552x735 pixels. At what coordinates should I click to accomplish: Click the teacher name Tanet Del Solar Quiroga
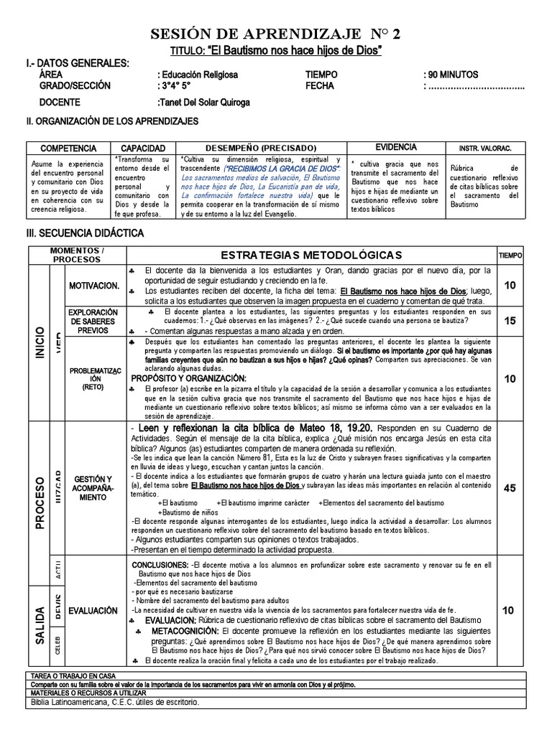coord(204,103)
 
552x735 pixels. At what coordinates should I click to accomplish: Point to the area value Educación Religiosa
coord(199,75)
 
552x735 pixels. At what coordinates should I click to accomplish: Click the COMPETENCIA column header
coord(68,147)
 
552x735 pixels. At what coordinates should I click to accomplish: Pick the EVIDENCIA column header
coord(395,146)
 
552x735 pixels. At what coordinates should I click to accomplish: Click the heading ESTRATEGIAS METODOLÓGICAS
coord(311,256)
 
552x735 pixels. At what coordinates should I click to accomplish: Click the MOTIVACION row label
coord(93,286)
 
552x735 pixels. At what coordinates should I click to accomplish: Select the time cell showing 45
coord(509,489)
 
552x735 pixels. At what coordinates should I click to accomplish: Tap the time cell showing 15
coord(509,321)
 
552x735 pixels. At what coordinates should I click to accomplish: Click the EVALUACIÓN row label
coord(93,610)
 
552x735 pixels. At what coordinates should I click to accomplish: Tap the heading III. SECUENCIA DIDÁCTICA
coord(86,233)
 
